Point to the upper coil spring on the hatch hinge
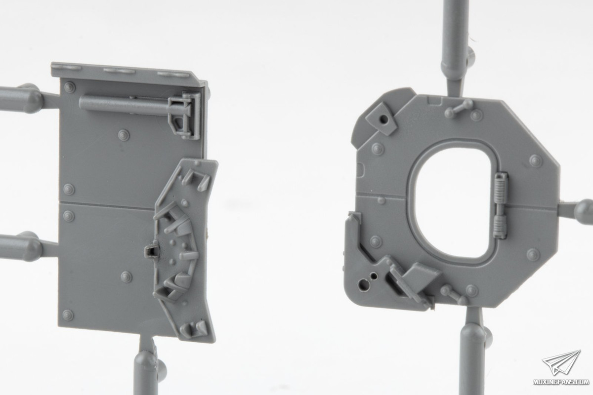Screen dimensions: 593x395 [500, 187]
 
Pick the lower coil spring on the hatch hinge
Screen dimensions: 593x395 [500, 226]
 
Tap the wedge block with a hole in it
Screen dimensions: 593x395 [381, 118]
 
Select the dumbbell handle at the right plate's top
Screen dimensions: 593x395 [459, 109]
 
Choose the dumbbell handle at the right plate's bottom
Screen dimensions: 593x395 [454, 294]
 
